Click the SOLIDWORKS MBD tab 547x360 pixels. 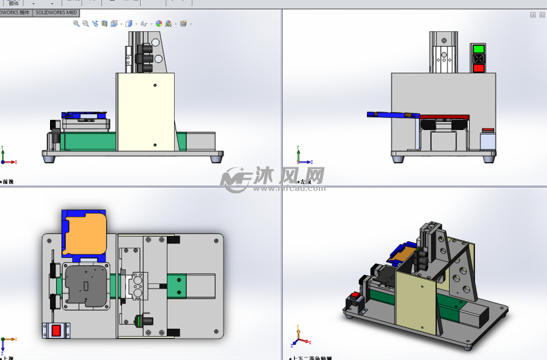click(56, 13)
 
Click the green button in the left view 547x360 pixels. click(478, 49)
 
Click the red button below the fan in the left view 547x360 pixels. click(478, 67)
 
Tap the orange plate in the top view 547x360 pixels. click(84, 235)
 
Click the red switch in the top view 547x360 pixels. click(56, 329)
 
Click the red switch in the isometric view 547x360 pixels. click(355, 295)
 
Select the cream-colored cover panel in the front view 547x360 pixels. click(145, 112)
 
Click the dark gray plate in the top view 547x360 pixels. click(86, 285)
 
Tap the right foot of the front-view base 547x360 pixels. click(216, 159)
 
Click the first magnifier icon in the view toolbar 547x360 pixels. click(76, 24)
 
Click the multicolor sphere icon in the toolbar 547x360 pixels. click(159, 24)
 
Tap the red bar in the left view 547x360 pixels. click(444, 117)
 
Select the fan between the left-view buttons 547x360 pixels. click(478, 58)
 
